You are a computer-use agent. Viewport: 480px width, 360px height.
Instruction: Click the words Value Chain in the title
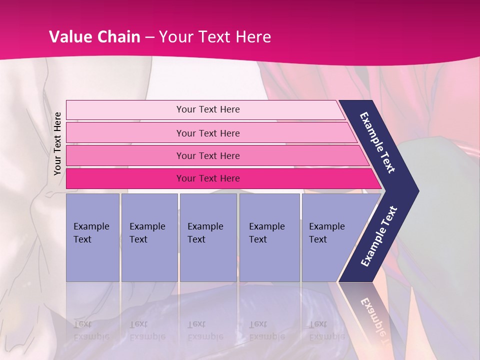pyautogui.click(x=94, y=37)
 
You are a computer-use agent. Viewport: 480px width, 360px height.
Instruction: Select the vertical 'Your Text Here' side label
pyautogui.click(x=57, y=143)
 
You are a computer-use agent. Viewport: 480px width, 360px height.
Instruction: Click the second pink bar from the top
pyautogui.click(x=207, y=133)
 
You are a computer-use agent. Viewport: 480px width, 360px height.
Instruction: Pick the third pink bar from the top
pyautogui.click(x=207, y=155)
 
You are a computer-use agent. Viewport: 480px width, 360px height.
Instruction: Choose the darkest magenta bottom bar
pyautogui.click(x=207, y=178)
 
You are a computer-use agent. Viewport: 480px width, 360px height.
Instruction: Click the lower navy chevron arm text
pyautogui.click(x=378, y=236)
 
